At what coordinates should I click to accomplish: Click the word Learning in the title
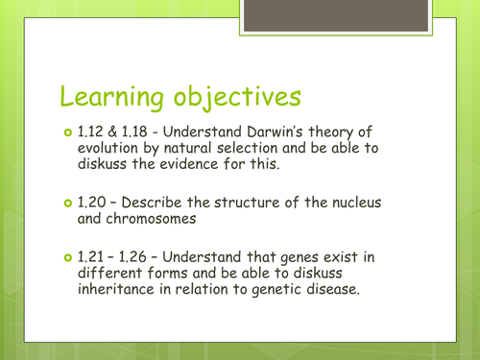112,97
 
